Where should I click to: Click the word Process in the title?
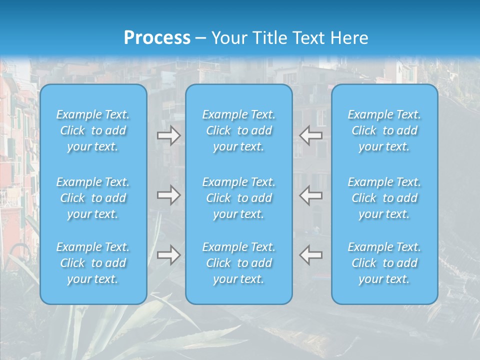point(157,38)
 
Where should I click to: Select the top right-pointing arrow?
point(168,135)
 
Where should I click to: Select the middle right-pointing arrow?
point(168,195)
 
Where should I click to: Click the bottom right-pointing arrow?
point(168,254)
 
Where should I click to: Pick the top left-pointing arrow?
point(311,135)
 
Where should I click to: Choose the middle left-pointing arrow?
point(311,195)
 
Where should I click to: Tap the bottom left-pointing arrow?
point(311,254)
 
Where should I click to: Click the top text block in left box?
point(93,130)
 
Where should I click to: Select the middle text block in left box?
point(93,198)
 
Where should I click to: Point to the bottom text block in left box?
point(93,263)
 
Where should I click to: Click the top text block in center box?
point(239,130)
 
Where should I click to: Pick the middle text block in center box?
point(239,198)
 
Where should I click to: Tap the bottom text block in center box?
point(239,263)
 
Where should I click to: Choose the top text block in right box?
point(384,130)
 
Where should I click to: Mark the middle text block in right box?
point(384,198)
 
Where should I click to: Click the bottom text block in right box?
point(384,263)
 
